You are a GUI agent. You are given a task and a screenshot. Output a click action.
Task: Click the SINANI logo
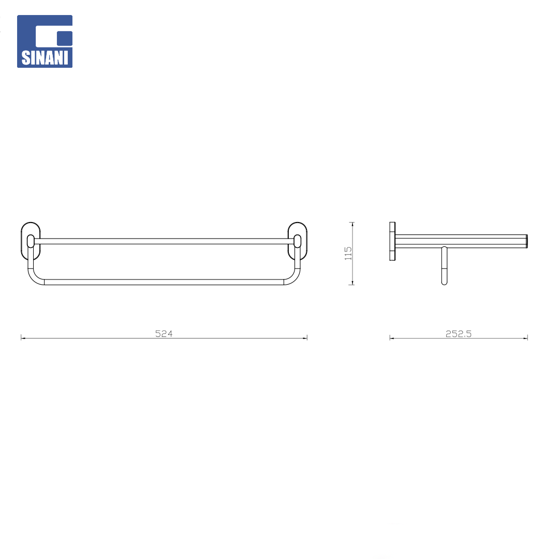(45, 41)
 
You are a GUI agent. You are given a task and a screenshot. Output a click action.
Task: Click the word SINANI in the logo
(45, 58)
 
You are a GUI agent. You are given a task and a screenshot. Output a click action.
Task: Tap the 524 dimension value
(164, 333)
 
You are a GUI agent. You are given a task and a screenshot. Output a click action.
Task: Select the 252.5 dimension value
(459, 333)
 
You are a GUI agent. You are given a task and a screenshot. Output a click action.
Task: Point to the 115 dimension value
(348, 253)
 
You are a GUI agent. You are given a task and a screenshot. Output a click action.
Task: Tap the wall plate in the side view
(392, 242)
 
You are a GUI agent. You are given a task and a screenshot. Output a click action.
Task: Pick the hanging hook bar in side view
(444, 266)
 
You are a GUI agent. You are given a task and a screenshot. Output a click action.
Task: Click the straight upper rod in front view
(164, 241)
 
